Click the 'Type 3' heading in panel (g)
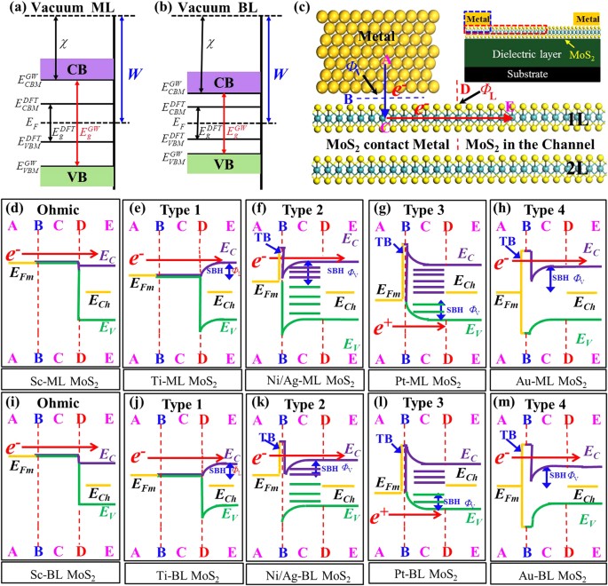425,216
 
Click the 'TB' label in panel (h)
507,241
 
